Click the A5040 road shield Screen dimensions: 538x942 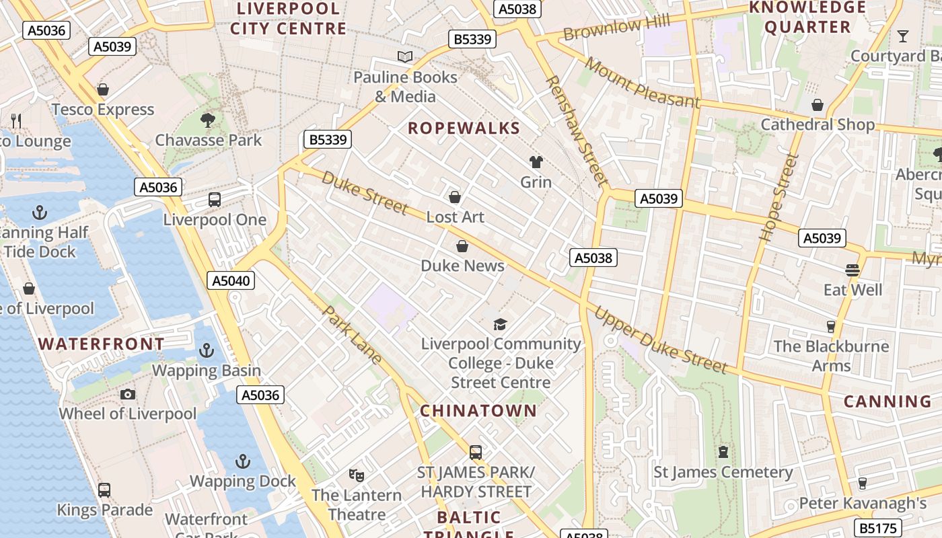231,280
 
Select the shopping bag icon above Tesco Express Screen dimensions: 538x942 103,89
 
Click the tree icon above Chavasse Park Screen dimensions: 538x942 208,120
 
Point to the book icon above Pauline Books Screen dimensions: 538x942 405,57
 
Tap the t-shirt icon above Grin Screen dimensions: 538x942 536,162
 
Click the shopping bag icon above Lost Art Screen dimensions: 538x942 455,197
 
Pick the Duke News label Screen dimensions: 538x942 462,266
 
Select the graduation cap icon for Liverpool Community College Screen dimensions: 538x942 500,325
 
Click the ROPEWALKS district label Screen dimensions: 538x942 464,128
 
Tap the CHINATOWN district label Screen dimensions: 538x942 478,411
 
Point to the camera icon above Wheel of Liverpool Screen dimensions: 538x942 128,394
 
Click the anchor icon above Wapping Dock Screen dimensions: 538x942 242,461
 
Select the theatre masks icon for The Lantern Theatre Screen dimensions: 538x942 357,475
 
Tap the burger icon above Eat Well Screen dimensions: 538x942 853,270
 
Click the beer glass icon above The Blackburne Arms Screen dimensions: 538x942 831,327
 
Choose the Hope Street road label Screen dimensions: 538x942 778,198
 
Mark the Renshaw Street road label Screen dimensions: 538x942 576,130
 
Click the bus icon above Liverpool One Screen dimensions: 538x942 215,200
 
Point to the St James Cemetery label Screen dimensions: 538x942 723,472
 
